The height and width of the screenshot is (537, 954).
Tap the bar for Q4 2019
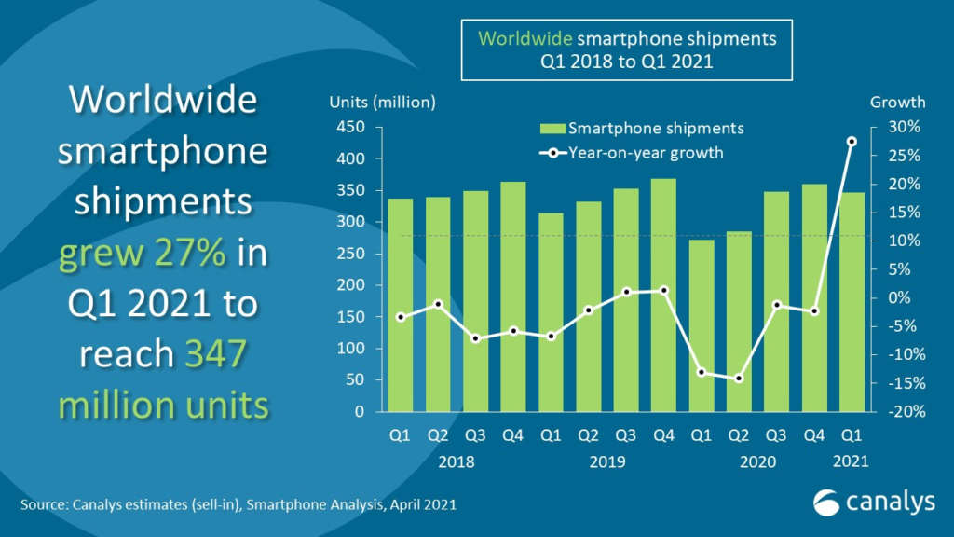[x=662, y=295]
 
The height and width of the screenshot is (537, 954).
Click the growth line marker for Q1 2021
[x=851, y=142]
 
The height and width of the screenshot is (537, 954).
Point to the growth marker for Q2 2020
[x=738, y=379]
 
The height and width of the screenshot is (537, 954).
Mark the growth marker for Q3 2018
[x=475, y=338]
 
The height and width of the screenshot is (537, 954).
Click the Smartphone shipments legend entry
[x=642, y=128]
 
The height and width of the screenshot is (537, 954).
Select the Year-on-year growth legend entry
[x=642, y=152]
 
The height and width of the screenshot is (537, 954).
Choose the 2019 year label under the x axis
[x=606, y=461]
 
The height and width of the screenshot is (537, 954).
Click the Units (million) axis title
[x=382, y=103]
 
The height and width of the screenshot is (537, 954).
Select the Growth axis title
[x=897, y=103]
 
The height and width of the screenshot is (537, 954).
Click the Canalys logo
[x=872, y=502]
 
